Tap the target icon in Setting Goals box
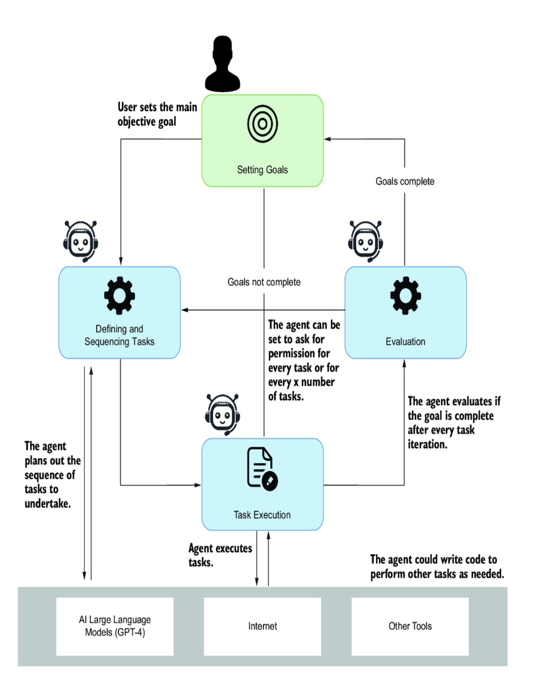[262, 124]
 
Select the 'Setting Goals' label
[262, 170]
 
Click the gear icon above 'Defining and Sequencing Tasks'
[119, 296]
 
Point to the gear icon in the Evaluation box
[405, 296]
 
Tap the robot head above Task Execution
[223, 415]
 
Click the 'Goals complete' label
[405, 181]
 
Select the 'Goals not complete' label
[264, 282]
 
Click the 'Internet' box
[262, 626]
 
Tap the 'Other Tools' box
[410, 626]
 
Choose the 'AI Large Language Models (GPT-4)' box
[115, 626]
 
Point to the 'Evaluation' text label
[405, 342]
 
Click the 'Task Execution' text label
[262, 515]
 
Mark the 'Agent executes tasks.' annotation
[220, 555]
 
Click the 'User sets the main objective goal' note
[157, 114]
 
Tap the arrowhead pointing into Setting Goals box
[327, 139]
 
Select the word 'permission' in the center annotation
[298, 354]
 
